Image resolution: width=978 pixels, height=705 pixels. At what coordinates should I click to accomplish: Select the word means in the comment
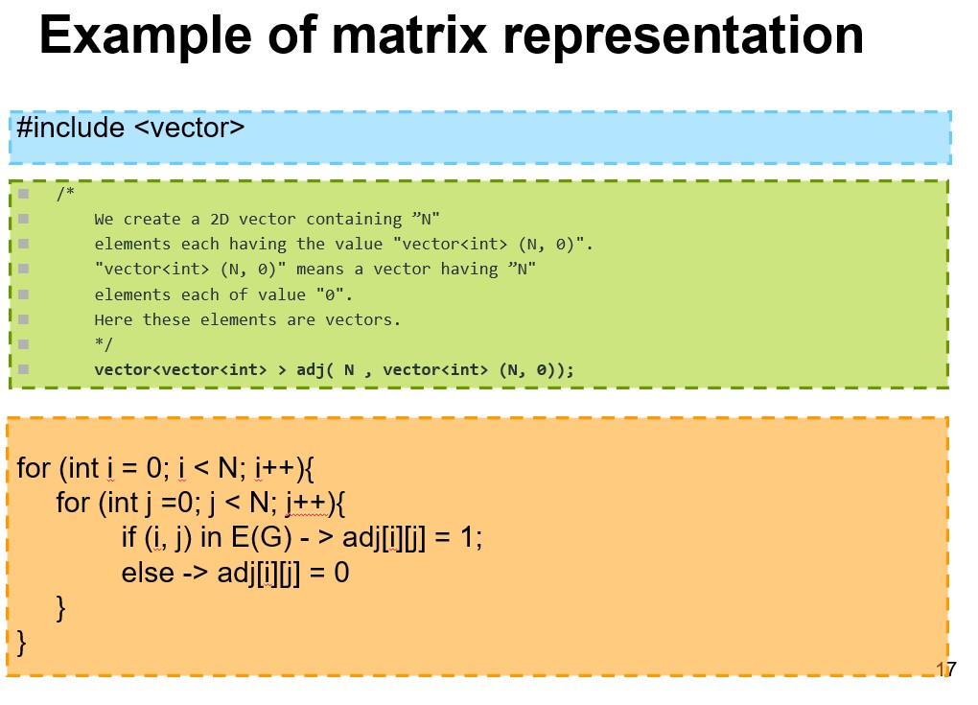click(319, 270)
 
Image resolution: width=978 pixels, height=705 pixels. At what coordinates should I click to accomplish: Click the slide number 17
click(945, 670)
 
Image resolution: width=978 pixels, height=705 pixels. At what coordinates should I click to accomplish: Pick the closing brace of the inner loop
click(62, 607)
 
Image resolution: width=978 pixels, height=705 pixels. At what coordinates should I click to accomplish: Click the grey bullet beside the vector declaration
click(22, 369)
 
